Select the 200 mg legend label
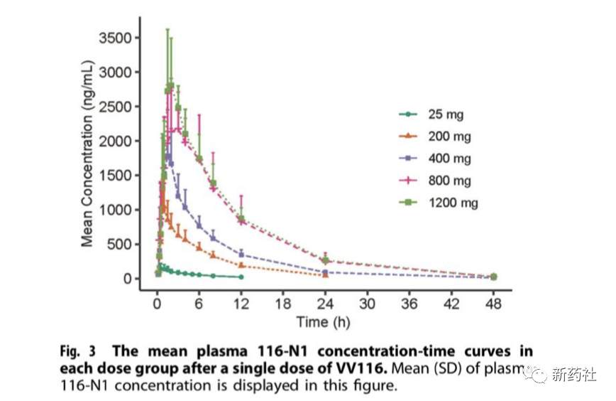pyautogui.click(x=449, y=136)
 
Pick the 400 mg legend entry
pyautogui.click(x=449, y=158)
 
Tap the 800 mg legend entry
pyautogui.click(x=449, y=181)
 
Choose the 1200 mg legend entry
pyautogui.click(x=452, y=203)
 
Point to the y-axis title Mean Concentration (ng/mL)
pyautogui.click(x=88, y=158)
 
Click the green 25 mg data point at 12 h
pyautogui.click(x=241, y=277)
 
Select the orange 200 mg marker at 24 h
pyautogui.click(x=325, y=274)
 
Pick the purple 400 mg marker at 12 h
pyautogui.click(x=241, y=254)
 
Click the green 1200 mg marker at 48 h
pyautogui.click(x=493, y=277)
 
